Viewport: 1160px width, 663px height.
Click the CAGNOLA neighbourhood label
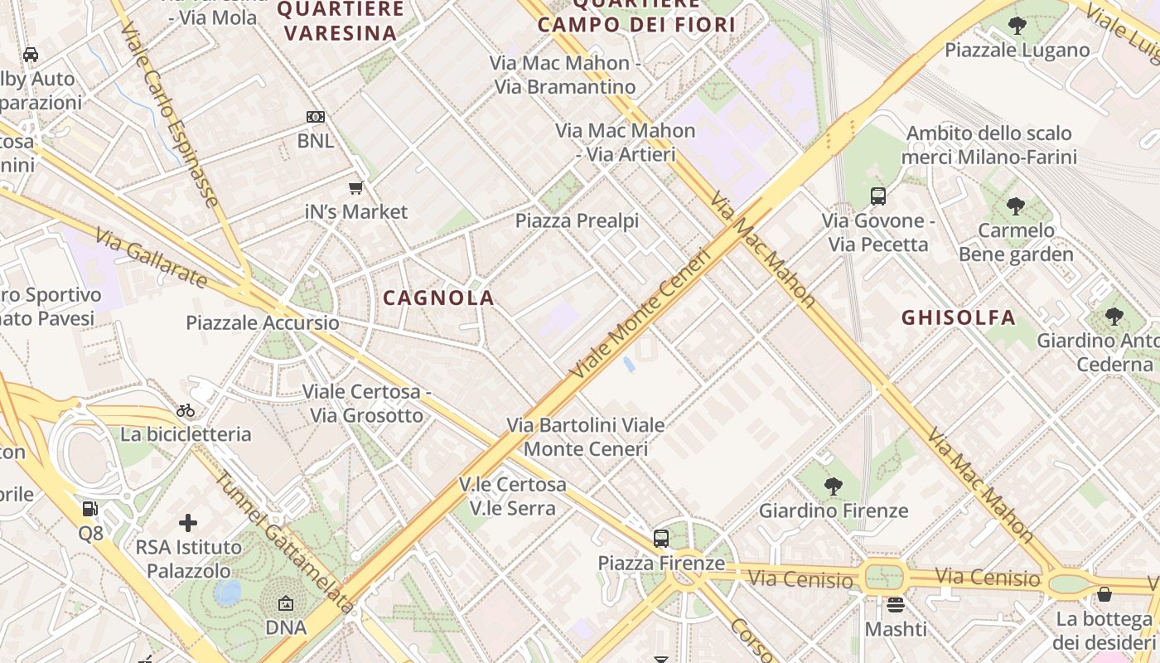(x=438, y=298)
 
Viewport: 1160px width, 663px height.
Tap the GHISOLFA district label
(x=958, y=317)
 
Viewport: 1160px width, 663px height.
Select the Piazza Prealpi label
(x=577, y=221)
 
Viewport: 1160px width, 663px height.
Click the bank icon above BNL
(x=315, y=117)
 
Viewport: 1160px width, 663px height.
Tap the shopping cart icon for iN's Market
(x=356, y=188)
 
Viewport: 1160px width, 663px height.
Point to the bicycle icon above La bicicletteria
(x=186, y=410)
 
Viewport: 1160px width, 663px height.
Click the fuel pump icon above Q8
(x=90, y=508)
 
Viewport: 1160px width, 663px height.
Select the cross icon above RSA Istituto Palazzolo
(x=188, y=523)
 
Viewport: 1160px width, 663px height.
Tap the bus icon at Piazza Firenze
(x=660, y=539)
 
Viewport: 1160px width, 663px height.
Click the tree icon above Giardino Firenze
(x=834, y=486)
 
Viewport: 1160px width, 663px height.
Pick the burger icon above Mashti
(x=895, y=605)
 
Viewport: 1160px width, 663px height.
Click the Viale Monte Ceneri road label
(x=641, y=316)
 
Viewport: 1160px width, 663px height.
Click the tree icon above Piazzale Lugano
(x=1017, y=26)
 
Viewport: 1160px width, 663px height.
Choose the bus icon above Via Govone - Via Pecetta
(x=878, y=196)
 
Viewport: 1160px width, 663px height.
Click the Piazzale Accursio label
(x=263, y=323)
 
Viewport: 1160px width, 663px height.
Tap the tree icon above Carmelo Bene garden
(x=1016, y=206)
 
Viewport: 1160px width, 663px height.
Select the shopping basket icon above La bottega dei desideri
(x=1104, y=594)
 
